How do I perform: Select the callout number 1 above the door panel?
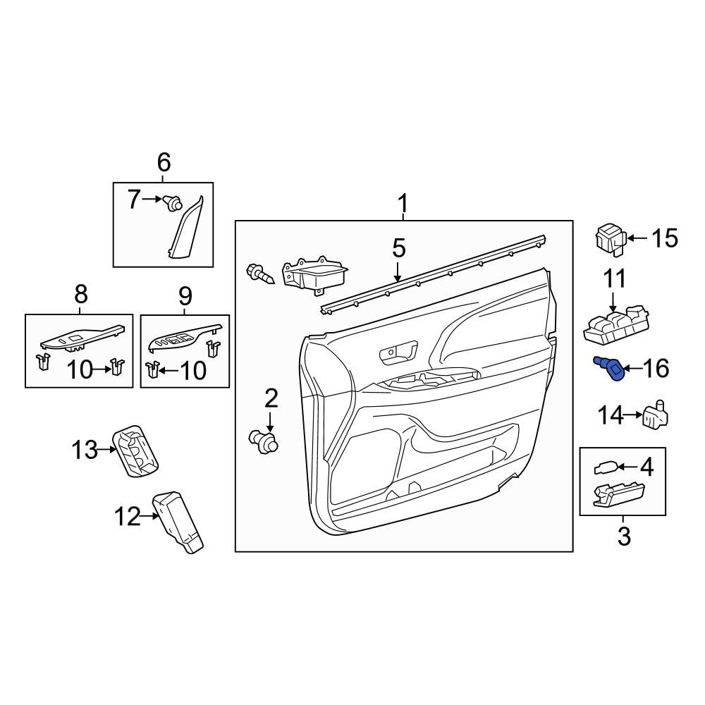403,204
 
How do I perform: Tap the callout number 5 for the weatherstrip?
398,248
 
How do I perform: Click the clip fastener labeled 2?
265,441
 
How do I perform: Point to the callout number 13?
84,449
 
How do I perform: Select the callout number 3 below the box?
624,537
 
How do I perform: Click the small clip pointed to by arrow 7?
169,202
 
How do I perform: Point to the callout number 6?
163,163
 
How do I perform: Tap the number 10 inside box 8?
80,369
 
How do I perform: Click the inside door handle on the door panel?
396,352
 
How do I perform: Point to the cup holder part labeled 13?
136,451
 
